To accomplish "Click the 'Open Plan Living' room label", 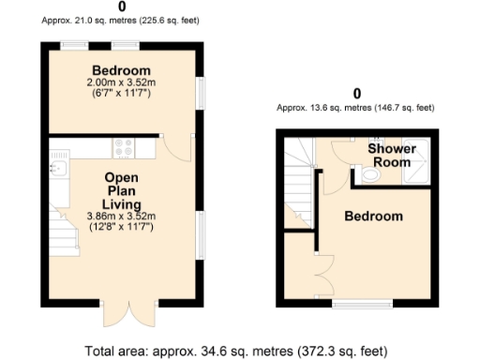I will click(x=122, y=191).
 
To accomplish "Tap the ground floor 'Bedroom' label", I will click(x=120, y=71).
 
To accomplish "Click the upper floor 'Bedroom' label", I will click(x=373, y=217).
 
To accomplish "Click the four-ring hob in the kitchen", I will click(x=124, y=147).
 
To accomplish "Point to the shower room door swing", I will click(x=332, y=150).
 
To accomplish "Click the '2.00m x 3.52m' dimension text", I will click(x=120, y=82).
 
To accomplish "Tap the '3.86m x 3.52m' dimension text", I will click(x=122, y=217).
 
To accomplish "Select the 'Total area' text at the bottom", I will click(x=234, y=352).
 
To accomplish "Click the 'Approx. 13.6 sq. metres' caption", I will click(x=355, y=108).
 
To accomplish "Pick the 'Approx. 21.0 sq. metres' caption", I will click(x=122, y=20).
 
